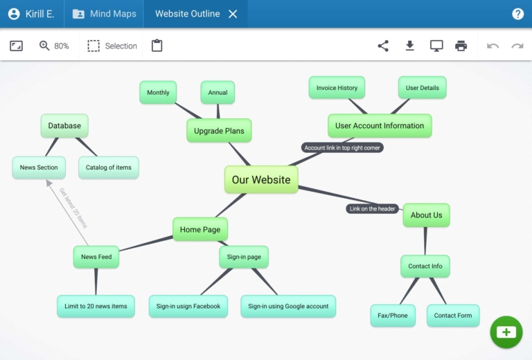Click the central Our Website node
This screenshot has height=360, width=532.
(x=261, y=180)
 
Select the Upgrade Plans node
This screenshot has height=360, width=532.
(x=219, y=131)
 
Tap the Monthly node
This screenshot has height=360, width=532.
(x=158, y=93)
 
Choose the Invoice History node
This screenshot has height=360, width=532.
(x=337, y=88)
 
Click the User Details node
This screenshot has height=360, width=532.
(x=422, y=88)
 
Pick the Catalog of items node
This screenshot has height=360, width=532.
(x=109, y=168)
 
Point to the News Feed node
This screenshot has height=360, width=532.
(x=96, y=257)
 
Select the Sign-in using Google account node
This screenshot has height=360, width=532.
(x=288, y=306)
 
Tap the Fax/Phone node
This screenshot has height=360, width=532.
(x=393, y=316)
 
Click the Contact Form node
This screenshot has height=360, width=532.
(x=453, y=316)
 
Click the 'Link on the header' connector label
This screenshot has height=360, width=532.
(x=373, y=209)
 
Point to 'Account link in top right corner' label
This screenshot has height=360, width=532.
(x=342, y=147)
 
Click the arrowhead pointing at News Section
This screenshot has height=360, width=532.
(x=49, y=183)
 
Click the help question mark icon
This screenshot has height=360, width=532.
(x=517, y=14)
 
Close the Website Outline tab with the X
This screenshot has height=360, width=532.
(x=233, y=14)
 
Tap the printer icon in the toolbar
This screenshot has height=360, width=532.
(x=461, y=46)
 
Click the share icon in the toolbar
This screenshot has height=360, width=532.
(x=383, y=46)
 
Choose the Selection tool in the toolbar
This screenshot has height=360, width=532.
(x=112, y=46)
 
